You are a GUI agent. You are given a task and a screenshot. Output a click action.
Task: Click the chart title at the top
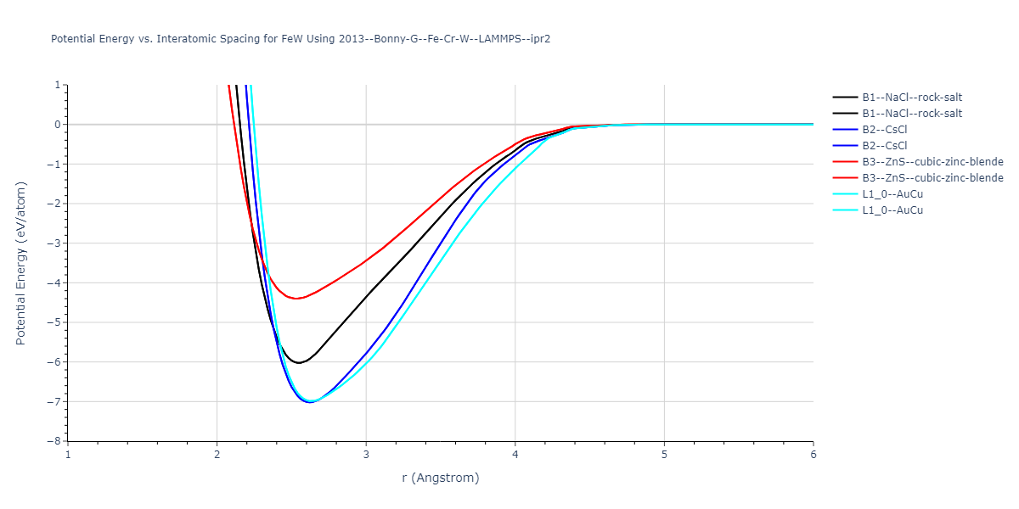pyautogui.click(x=301, y=39)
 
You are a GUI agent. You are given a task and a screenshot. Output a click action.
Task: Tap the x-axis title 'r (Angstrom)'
pyautogui.click(x=440, y=478)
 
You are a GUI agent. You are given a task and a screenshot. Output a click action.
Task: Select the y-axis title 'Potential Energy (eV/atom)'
pyautogui.click(x=21, y=263)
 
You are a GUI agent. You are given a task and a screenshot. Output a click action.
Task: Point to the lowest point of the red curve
pyautogui.click(x=296, y=299)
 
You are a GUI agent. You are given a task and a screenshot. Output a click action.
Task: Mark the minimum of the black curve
pyautogui.click(x=299, y=363)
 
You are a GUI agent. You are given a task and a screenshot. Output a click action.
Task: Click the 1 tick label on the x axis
pyautogui.click(x=68, y=454)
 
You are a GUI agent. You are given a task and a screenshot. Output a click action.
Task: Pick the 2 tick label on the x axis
pyautogui.click(x=217, y=454)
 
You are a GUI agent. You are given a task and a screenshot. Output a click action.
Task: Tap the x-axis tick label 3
pyautogui.click(x=366, y=454)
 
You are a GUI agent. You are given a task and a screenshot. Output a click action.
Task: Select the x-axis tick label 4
pyautogui.click(x=515, y=454)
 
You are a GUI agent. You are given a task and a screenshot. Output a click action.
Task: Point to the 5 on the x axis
pyautogui.click(x=664, y=454)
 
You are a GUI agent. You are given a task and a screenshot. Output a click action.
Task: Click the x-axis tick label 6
pyautogui.click(x=813, y=454)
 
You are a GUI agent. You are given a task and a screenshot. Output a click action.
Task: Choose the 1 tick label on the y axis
pyautogui.click(x=57, y=85)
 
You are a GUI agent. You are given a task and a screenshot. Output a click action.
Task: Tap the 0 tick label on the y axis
pyautogui.click(x=57, y=125)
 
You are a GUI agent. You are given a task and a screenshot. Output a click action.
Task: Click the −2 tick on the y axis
pyautogui.click(x=53, y=204)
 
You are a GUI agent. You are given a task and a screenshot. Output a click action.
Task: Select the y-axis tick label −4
pyautogui.click(x=53, y=282)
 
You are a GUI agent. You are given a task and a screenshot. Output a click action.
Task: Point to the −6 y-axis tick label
pyautogui.click(x=53, y=362)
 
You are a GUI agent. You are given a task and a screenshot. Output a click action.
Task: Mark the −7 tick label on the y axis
pyautogui.click(x=53, y=401)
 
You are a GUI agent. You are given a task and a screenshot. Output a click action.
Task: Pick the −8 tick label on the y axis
pyautogui.click(x=53, y=441)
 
